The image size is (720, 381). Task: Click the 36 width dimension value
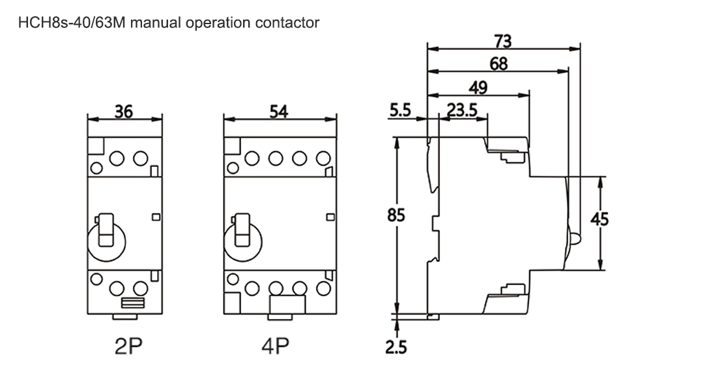pos(124,112)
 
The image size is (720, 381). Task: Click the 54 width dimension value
pos(280,112)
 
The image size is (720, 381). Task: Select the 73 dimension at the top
pos(502,41)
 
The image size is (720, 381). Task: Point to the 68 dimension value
pos(498,64)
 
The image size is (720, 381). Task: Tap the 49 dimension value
pos(478,87)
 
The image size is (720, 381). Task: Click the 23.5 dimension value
pos(462,110)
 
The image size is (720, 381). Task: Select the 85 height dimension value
pos(396,215)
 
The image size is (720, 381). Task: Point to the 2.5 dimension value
pos(396,347)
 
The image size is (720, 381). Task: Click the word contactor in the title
pos(287,23)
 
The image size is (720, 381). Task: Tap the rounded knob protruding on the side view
pos(575,237)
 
